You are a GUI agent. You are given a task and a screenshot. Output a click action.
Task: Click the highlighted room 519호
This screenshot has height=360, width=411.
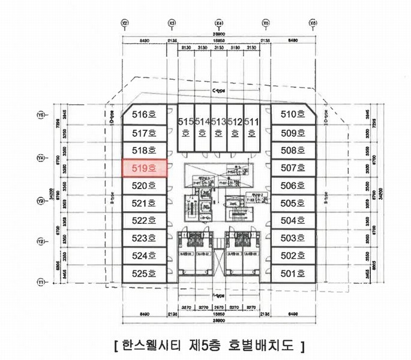(x=143, y=168)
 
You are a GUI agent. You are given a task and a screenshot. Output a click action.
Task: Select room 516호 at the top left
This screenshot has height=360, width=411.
(x=143, y=114)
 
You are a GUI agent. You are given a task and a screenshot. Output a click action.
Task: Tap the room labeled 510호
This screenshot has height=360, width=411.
(x=293, y=114)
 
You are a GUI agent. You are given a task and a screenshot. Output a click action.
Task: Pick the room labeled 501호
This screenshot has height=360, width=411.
(x=293, y=273)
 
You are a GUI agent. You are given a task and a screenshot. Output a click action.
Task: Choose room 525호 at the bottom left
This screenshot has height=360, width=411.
(x=143, y=273)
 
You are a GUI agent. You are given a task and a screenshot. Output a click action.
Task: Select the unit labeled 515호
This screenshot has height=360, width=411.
(x=185, y=127)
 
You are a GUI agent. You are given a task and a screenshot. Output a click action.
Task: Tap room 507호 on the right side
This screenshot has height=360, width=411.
(x=293, y=168)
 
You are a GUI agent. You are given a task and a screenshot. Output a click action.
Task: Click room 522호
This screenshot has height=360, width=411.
(x=143, y=220)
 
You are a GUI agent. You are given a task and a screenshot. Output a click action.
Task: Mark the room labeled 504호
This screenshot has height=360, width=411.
(x=293, y=220)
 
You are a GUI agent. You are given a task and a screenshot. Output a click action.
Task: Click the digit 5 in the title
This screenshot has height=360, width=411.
(x=208, y=346)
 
